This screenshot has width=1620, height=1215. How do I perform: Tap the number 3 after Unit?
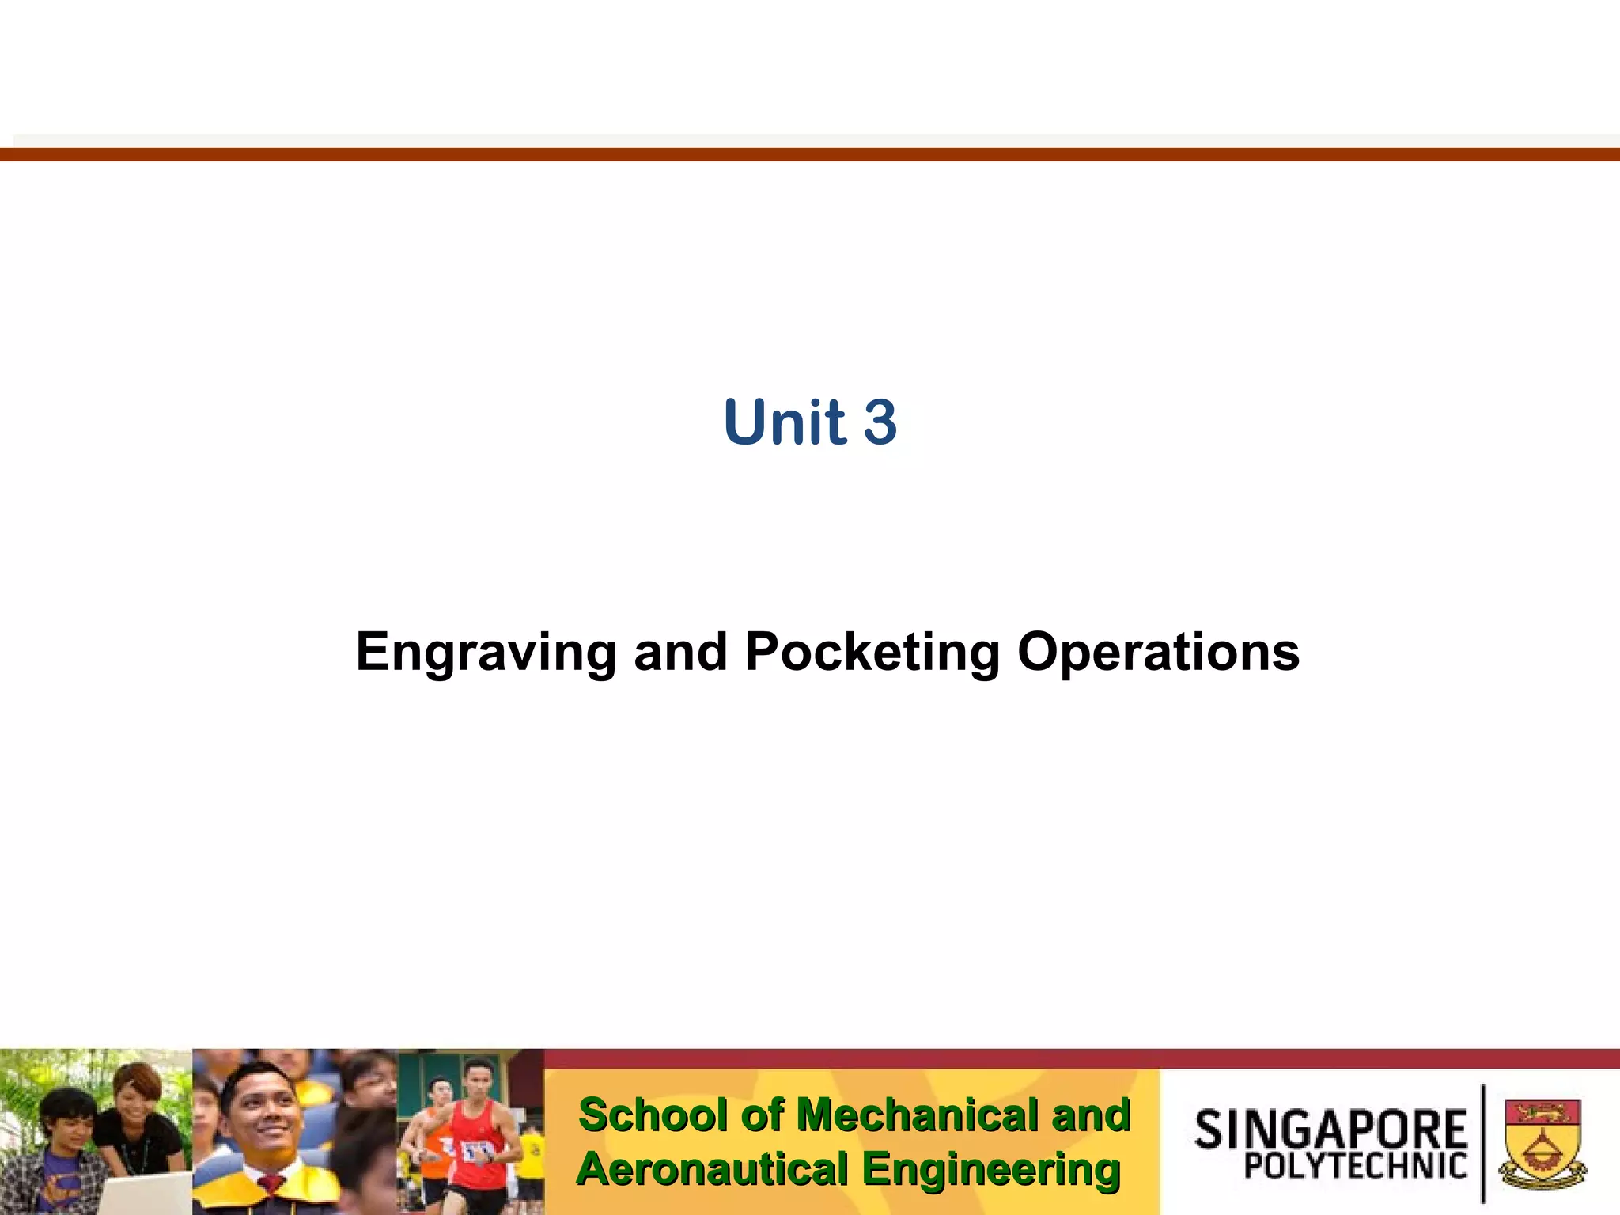pyautogui.click(x=880, y=422)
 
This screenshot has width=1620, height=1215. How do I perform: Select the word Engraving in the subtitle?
pyautogui.click(x=486, y=652)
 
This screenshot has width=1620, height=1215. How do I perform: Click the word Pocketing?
pyautogui.click(x=872, y=652)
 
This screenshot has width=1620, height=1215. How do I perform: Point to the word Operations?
pyautogui.click(x=1158, y=652)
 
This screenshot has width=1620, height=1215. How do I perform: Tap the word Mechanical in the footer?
pyautogui.click(x=918, y=1115)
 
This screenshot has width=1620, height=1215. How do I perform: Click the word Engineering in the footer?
pyautogui.click(x=990, y=1169)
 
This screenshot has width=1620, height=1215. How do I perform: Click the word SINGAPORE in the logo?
pyautogui.click(x=1330, y=1130)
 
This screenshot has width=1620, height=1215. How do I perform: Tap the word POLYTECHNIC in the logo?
pyautogui.click(x=1355, y=1166)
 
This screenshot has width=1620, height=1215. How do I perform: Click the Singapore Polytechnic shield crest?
pyautogui.click(x=1542, y=1142)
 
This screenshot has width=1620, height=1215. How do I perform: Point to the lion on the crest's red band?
pyautogui.click(x=1542, y=1113)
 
